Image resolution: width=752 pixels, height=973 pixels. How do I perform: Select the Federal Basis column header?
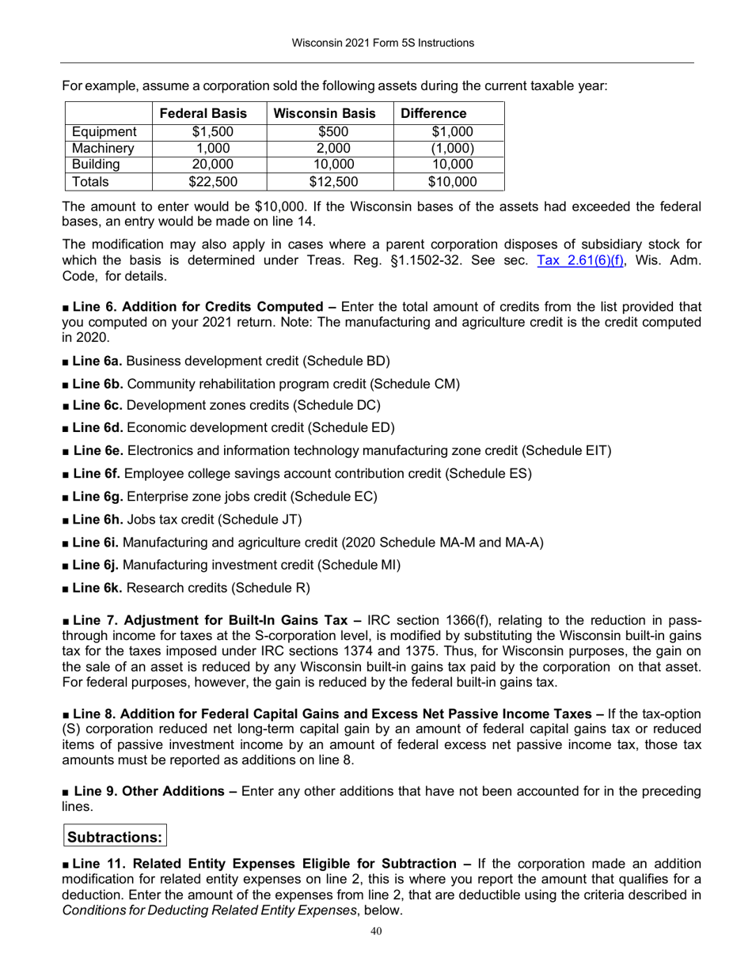[203, 113]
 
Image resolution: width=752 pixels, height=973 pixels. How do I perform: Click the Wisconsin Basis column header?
[329, 113]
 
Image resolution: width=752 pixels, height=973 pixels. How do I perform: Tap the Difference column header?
[434, 113]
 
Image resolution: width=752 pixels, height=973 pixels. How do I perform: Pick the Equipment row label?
[104, 132]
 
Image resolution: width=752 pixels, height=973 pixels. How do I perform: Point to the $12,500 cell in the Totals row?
[329, 182]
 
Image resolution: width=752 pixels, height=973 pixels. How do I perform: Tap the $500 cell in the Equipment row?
[329, 132]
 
